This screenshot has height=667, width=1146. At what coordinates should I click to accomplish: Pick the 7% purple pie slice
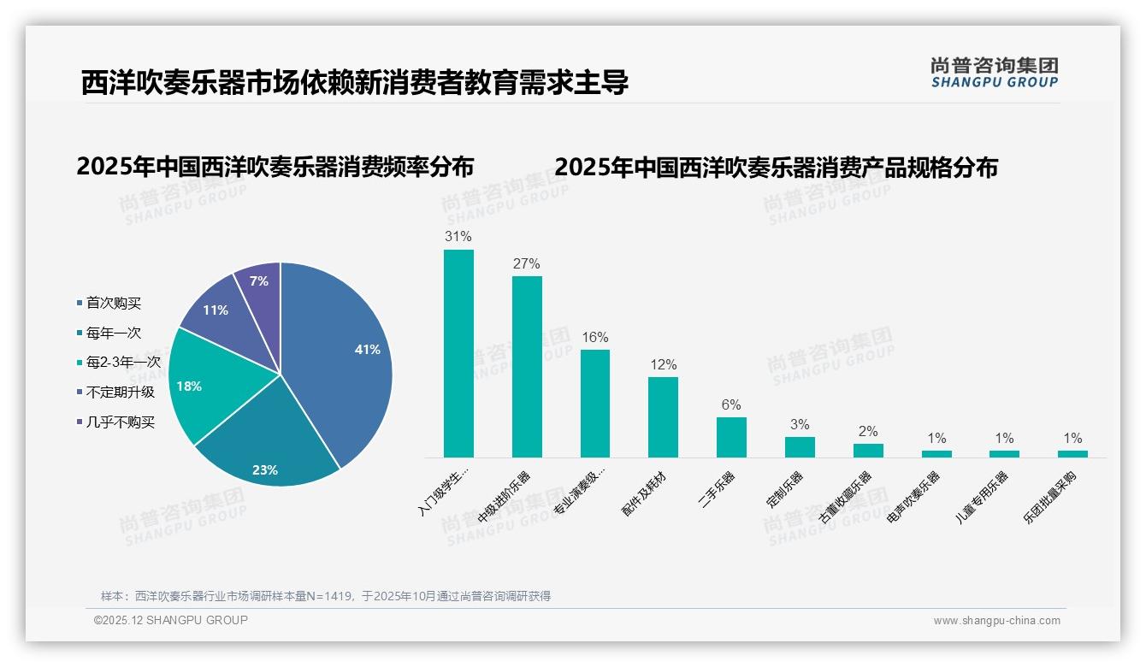[x=258, y=281]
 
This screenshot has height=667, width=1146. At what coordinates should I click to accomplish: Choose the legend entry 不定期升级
[x=120, y=393]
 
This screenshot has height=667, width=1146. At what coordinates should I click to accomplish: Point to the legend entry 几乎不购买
[x=120, y=422]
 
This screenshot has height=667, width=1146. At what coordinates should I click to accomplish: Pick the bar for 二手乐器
[x=731, y=437]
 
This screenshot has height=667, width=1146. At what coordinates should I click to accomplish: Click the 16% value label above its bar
[x=594, y=338]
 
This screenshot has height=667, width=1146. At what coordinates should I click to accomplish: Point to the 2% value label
[x=867, y=432]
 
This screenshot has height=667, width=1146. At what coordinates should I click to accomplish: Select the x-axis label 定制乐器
[x=785, y=489]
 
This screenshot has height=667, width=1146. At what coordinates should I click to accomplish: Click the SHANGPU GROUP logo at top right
[x=994, y=73]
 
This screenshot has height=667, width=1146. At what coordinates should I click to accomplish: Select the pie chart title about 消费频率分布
[x=275, y=167]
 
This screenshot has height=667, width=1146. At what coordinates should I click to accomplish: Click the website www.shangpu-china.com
[x=996, y=621]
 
